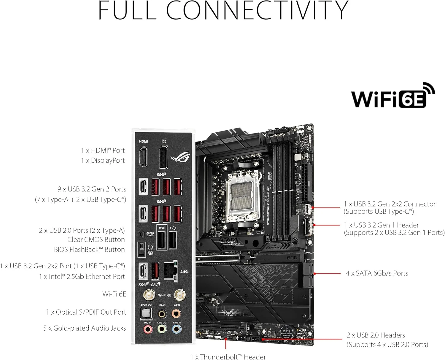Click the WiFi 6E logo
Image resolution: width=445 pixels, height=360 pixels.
[392, 96]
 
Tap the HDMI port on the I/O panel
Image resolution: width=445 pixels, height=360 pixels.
[143, 157]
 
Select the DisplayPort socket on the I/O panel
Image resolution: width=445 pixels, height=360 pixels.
[163, 157]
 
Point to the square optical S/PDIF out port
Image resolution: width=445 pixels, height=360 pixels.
[146, 313]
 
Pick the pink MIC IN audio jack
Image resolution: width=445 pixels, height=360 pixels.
[148, 329]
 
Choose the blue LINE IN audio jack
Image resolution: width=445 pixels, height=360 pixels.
[177, 329]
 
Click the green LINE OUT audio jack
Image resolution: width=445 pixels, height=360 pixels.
[162, 329]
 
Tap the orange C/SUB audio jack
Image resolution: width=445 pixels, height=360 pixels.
[177, 313]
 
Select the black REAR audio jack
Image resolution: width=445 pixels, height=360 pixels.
[162, 313]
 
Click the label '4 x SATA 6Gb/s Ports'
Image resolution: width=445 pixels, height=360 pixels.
[377, 273]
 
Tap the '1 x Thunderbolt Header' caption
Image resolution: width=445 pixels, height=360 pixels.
[228, 356]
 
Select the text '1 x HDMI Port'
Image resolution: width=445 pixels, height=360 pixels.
[103, 150]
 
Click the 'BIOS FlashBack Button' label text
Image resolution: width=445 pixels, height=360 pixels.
[89, 250]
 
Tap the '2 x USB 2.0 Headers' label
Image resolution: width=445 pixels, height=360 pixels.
[376, 335]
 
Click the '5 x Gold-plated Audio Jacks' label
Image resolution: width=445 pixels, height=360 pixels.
[85, 328]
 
